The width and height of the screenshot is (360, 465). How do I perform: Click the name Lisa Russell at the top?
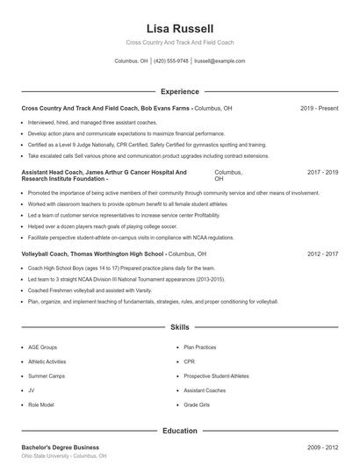tap(179, 28)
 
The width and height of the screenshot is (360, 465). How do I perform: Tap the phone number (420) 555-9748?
tap(172, 61)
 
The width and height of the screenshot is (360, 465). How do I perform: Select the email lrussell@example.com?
tap(220, 61)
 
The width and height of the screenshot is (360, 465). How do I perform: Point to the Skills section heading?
tap(179, 327)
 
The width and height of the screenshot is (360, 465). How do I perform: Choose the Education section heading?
tap(179, 431)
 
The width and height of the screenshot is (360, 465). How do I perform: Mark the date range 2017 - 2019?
tap(321, 173)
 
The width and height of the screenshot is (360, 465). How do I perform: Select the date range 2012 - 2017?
tap(321, 254)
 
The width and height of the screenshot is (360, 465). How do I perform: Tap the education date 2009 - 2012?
tap(321, 447)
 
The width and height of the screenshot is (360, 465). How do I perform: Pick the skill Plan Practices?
tap(199, 347)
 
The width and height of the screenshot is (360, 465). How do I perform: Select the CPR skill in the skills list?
tap(189, 361)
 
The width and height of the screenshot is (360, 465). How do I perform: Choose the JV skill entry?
tap(31, 390)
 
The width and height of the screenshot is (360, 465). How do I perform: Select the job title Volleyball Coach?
tap(50, 254)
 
